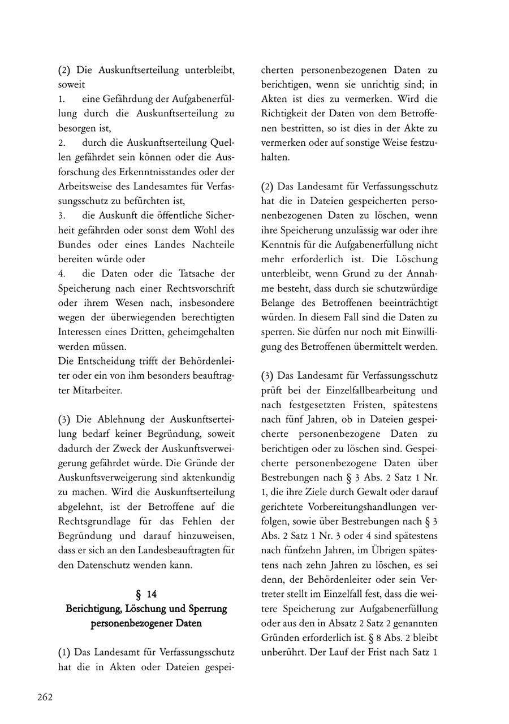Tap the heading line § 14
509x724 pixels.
coord(146,594)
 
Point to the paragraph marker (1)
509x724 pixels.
coord(64,652)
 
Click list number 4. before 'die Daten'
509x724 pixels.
coord(62,274)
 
